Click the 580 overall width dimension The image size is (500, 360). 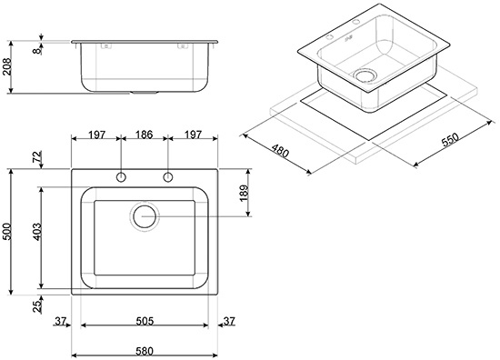(x=145, y=352)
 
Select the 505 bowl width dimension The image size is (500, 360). (x=145, y=321)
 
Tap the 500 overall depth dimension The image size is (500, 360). (x=6, y=232)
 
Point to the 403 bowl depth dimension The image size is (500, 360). (x=37, y=232)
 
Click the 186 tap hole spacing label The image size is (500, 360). (x=145, y=135)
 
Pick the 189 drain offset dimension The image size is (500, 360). (x=244, y=193)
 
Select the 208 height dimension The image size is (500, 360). (x=6, y=66)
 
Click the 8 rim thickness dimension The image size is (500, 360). (x=37, y=50)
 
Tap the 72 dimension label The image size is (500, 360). (x=37, y=156)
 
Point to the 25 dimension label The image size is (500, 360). (x=37, y=305)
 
